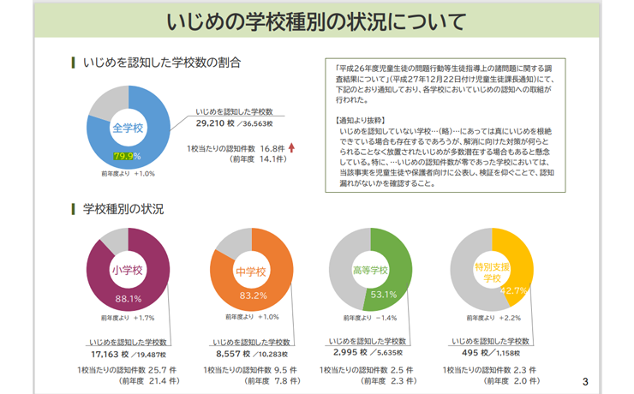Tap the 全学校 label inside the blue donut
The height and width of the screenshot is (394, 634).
tap(127, 128)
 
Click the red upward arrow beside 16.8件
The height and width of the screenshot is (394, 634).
tap(292, 147)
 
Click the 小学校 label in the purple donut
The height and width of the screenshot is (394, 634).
tap(127, 270)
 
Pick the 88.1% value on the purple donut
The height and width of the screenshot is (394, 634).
tap(128, 299)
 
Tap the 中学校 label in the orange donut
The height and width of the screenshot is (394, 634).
tap(251, 272)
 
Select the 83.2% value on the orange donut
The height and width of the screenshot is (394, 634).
tap(254, 295)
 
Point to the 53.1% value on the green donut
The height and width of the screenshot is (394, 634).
tap(384, 295)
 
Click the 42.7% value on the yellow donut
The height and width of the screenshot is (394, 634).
tap(512, 291)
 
